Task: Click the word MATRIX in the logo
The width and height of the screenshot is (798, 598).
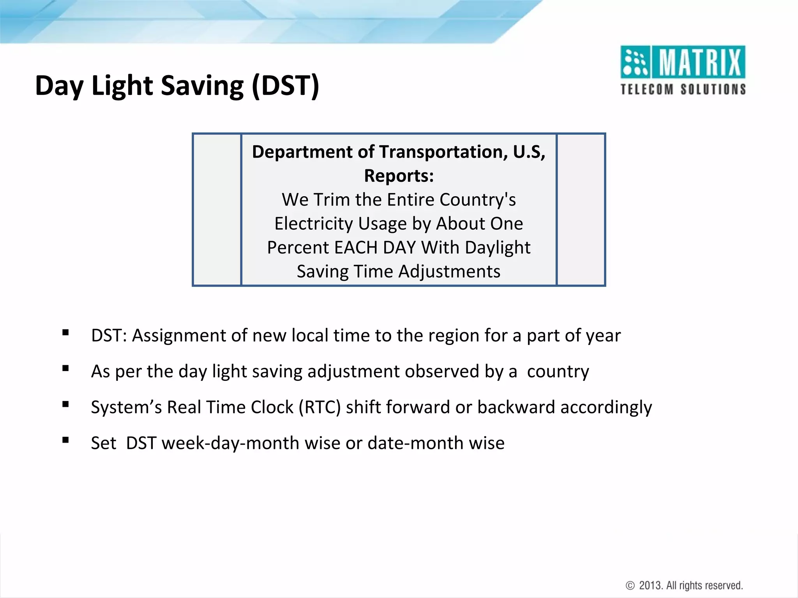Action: coord(700,62)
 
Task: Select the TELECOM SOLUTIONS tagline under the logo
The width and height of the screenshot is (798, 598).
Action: coord(683,90)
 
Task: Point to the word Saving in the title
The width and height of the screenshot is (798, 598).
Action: coord(202,86)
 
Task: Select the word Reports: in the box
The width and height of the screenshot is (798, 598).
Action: coord(399,176)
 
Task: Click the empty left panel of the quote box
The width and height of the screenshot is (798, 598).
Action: coord(217,209)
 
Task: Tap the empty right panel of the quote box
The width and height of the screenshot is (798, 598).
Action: coord(581,209)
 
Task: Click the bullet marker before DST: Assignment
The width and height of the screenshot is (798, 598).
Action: coord(65,332)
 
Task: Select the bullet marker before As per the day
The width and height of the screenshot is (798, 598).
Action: coord(65,368)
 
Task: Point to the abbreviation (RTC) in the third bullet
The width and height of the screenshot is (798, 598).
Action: coord(320,407)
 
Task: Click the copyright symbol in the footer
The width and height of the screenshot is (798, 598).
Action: coord(630,585)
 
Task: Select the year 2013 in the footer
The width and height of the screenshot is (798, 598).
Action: coord(650,585)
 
